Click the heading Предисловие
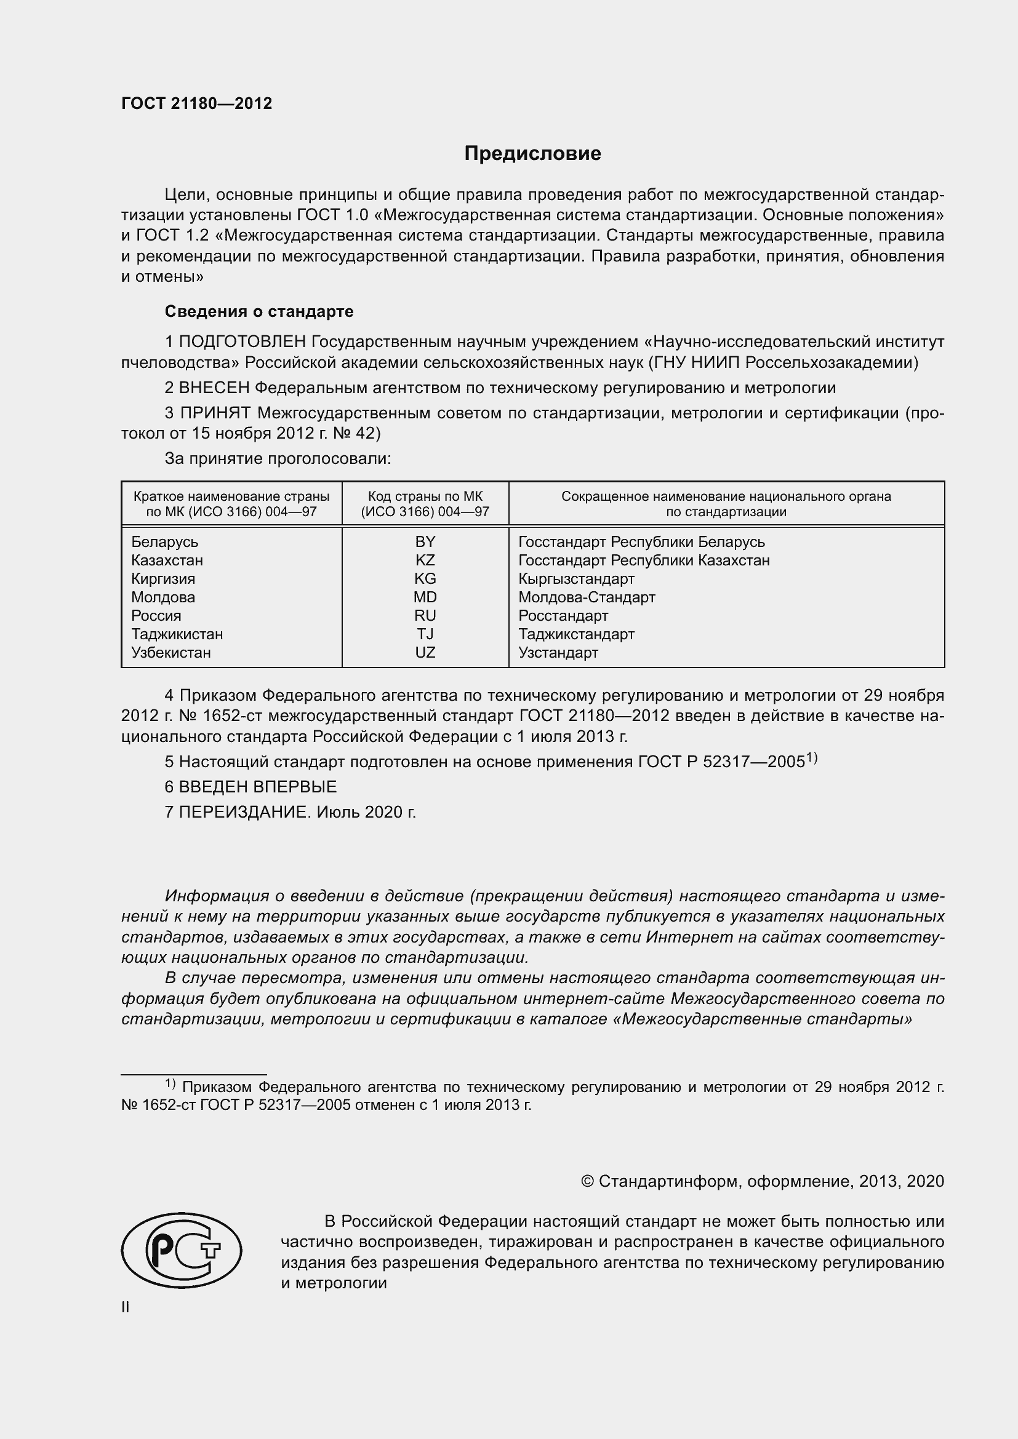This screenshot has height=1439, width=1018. [532, 154]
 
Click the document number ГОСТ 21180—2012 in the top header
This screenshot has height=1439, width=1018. [197, 104]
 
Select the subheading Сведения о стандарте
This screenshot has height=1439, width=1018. [259, 311]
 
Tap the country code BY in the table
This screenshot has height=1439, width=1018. [425, 541]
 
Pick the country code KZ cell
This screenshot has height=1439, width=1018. [425, 560]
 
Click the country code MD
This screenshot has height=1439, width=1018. [425, 597]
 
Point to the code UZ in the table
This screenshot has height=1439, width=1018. [425, 652]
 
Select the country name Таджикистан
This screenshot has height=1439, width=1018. [177, 634]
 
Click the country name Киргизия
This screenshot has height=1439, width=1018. [163, 578]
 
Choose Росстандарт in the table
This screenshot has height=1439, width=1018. [563, 615]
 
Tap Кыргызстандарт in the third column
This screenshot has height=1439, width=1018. [576, 578]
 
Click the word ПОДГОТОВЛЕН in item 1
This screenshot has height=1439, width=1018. [242, 342]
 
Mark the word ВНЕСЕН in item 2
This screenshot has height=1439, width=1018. [214, 388]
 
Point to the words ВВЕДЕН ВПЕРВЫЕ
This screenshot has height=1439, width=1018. [258, 787]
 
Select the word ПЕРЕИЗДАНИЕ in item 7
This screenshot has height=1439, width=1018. [244, 812]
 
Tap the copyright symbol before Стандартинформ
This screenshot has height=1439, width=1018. [587, 1181]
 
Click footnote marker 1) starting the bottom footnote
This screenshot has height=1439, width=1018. [170, 1083]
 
